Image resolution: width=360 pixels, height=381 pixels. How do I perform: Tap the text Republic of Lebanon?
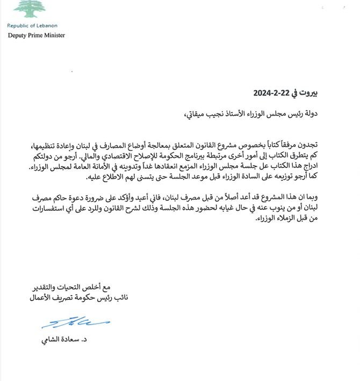tap(32, 25)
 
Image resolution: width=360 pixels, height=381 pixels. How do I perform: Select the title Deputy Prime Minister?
tap(36, 35)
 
